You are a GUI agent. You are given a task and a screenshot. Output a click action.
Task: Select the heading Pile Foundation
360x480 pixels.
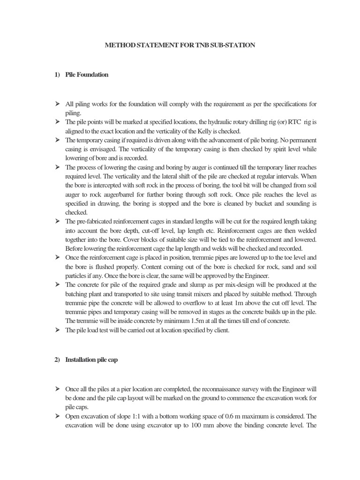[x=87, y=75]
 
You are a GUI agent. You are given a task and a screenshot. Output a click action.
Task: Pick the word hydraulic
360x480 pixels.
[x=205, y=122]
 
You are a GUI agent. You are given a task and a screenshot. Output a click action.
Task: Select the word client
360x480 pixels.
[x=222, y=330]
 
